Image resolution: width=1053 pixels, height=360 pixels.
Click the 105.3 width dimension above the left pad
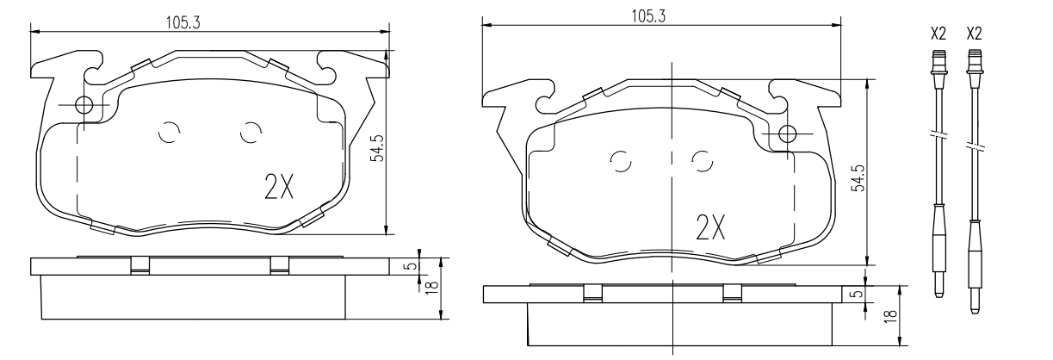tap(183, 22)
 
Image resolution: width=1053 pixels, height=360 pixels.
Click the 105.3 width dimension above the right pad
tap(648, 16)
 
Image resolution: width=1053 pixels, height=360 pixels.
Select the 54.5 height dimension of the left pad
tap(377, 148)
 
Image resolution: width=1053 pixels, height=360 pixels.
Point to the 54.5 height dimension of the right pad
tap(858, 177)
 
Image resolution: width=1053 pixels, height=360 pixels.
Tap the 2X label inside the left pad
tap(279, 187)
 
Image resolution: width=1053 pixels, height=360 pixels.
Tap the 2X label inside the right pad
tap(710, 227)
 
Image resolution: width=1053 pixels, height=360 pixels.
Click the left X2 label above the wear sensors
tap(938, 34)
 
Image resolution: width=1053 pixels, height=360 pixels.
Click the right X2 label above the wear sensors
tap(974, 34)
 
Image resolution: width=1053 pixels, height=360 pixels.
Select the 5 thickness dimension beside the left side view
tap(412, 265)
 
